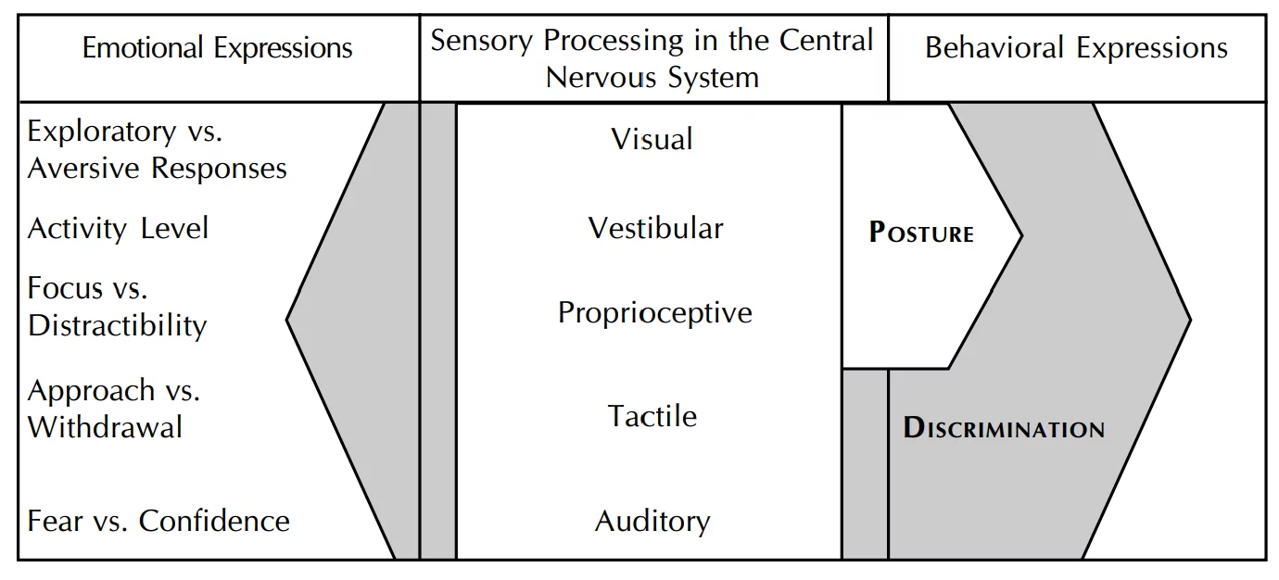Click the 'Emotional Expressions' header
pos(218,48)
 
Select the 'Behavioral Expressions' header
pos(1076,48)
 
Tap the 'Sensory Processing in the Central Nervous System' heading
pos(652,57)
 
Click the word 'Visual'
pos(652,139)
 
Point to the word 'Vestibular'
pos(655,228)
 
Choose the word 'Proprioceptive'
pos(654,312)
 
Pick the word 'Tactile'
pos(652,415)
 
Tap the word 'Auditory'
pos(652,521)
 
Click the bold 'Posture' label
pos(921,233)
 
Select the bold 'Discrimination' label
pos(1004,428)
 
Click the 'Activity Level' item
pos(119,228)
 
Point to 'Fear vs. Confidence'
pos(158,521)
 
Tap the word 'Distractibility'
pos(118,325)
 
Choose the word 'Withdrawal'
pos(105,427)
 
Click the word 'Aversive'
pos(85,169)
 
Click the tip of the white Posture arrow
pos(1020,235)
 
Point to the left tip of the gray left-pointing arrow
pos(287,321)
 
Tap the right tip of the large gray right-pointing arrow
pos(1189,322)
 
